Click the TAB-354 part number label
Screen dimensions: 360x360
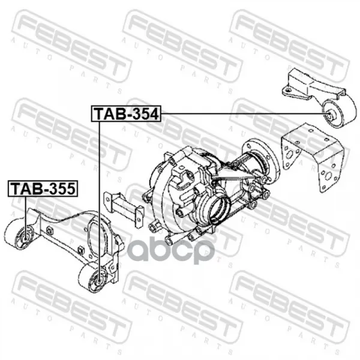click(x=126, y=113)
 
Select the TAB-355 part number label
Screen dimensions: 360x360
click(x=43, y=189)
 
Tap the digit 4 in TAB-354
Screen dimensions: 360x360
click(x=154, y=114)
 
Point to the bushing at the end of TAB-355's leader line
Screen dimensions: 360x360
click(x=25, y=237)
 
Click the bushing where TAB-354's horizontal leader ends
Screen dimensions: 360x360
click(x=329, y=113)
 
